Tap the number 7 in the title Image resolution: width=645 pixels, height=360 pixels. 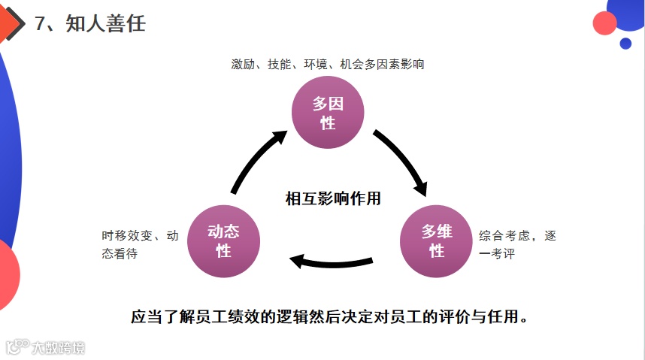coord(41,23)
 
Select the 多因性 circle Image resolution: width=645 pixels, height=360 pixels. coord(328,113)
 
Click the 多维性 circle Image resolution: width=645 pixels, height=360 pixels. coord(436,241)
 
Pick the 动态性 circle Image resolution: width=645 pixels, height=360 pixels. coord(223,241)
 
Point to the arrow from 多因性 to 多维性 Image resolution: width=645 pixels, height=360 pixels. coord(401,162)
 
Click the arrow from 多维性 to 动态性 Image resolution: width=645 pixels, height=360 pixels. coord(331,262)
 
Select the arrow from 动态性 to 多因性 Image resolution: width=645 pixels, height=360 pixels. coord(256,162)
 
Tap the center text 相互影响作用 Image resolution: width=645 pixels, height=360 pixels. coord(333,198)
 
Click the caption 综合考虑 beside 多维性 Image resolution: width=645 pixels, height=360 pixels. coord(503,236)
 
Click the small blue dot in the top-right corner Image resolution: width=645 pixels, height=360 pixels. coord(625,44)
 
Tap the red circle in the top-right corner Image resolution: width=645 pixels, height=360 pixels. coord(604,23)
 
